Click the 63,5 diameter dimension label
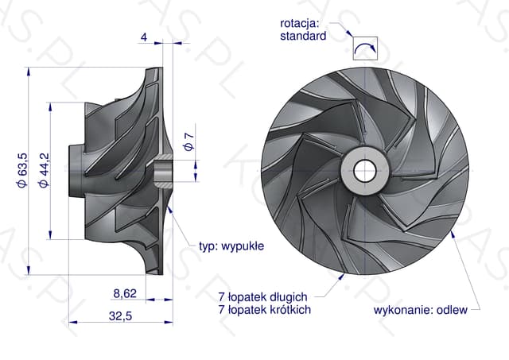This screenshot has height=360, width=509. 22,170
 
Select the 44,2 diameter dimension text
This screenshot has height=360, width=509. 44,170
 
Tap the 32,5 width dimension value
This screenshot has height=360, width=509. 120,315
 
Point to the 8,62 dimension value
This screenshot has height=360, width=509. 125,293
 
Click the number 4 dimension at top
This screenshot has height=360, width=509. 144,37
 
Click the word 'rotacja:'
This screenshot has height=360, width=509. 300,23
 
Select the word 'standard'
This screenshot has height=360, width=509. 303,36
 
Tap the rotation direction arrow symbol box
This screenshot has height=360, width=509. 366,48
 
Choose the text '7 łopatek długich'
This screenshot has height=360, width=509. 262,296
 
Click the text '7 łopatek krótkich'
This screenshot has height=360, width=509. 265,309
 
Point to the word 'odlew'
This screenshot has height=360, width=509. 452,310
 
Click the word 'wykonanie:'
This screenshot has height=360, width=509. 403,310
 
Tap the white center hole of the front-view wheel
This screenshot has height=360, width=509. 365,171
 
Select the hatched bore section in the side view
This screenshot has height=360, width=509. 164,171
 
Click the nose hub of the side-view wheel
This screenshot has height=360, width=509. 77,171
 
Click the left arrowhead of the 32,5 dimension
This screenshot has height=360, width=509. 73,323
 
